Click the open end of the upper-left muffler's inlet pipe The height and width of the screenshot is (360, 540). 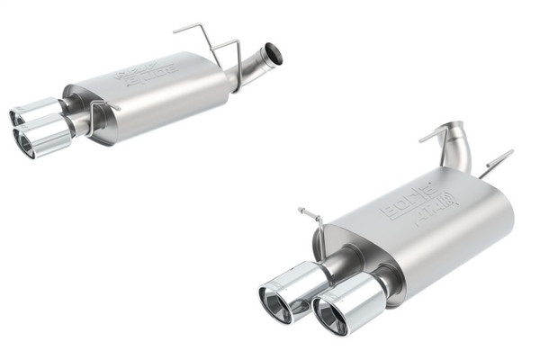click(274, 54)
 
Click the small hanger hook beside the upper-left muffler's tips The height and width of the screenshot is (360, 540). click(100, 111)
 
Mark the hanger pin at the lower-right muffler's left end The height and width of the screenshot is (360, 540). click(310, 220)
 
